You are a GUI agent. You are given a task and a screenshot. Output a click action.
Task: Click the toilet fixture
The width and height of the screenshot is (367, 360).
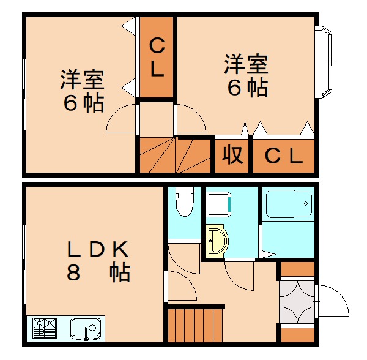[x=185, y=202]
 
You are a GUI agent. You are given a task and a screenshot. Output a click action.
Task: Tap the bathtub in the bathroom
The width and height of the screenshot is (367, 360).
[x=289, y=204]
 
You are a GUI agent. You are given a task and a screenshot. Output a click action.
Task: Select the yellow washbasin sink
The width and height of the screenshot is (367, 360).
[x=217, y=241]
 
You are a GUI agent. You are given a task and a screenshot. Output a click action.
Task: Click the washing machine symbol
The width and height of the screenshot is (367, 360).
[x=219, y=204]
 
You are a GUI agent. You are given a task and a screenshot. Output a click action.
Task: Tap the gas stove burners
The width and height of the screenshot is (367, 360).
[x=45, y=328]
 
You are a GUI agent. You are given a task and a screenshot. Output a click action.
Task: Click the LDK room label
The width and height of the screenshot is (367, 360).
[x=97, y=249]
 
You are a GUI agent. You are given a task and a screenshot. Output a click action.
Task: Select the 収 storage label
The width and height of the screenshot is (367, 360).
[x=232, y=155]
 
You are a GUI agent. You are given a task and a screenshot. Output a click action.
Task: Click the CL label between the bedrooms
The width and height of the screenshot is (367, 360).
[x=157, y=58]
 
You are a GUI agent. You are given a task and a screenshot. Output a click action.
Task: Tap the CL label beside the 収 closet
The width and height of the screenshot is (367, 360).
[x=284, y=156]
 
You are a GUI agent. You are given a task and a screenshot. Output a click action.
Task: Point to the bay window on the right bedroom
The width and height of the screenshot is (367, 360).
[x=324, y=62]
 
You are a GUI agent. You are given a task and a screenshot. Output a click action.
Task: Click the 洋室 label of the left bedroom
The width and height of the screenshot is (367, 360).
[x=82, y=79]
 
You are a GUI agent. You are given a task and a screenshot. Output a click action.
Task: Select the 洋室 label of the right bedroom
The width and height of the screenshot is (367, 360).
[x=246, y=64]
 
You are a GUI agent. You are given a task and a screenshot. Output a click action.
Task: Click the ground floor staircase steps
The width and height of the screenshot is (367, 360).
[x=195, y=325]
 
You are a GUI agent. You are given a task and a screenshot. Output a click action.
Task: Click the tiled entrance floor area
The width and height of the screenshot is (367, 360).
[x=297, y=302]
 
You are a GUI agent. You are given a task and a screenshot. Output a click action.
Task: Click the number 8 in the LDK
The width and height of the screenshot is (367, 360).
[x=73, y=272]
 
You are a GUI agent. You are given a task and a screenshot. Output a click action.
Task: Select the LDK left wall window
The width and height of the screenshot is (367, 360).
[x=24, y=264]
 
